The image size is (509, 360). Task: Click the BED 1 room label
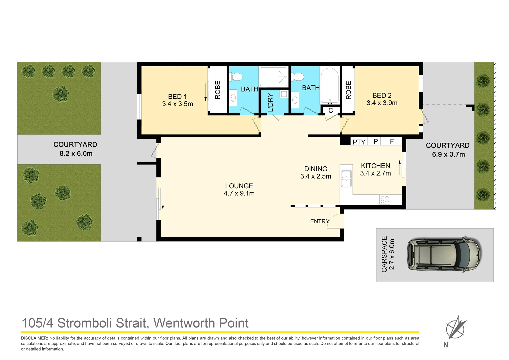click(x=177, y=97)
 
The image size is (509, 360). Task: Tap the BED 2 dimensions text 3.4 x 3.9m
click(x=382, y=103)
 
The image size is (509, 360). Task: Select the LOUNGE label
click(x=239, y=186)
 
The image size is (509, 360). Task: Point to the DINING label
click(x=316, y=169)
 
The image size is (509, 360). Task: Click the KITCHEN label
click(x=375, y=166)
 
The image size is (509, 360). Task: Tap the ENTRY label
click(x=319, y=221)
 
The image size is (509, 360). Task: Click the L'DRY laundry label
click(x=270, y=103)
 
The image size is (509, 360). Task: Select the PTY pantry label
click(x=359, y=142)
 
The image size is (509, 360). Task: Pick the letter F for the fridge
click(x=392, y=142)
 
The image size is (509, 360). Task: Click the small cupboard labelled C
click(x=331, y=110)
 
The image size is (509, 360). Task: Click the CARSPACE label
click(x=384, y=254)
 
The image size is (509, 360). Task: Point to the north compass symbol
click(x=456, y=327)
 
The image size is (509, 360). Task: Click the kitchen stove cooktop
click(x=385, y=200)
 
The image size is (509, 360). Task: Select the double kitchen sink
click(x=346, y=179)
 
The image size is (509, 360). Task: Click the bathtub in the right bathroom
click(x=330, y=86)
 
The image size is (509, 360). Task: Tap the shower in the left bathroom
click(x=274, y=77)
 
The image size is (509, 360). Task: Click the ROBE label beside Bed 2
click(x=348, y=90)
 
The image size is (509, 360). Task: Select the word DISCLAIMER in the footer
click(x=34, y=338)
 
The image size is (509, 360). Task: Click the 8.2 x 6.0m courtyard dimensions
click(x=76, y=154)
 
